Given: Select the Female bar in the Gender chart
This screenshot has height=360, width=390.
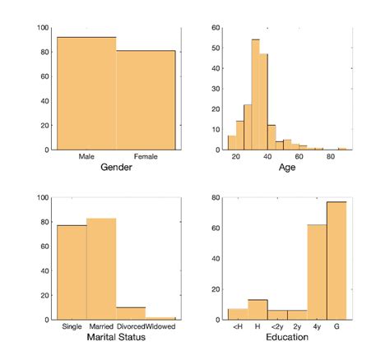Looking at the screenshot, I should coord(146,99).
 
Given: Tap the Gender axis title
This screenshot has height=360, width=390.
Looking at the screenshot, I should coord(115,168).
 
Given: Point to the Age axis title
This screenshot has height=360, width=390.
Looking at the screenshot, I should coord(288,168).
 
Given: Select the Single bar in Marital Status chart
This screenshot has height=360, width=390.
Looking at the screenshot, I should coord(71,272).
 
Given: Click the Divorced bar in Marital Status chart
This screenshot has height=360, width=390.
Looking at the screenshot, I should coord(130,313).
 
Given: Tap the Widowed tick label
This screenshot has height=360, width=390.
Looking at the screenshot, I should coord(160,327).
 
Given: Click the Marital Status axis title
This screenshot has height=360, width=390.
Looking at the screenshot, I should coord(115,338).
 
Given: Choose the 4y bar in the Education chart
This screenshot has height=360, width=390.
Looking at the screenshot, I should coord(317,272).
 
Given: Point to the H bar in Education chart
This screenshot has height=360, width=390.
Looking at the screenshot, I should coord(258,310).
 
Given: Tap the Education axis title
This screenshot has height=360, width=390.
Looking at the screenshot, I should coord(288,338).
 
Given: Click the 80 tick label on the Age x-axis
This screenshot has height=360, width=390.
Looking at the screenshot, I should coord(330,157).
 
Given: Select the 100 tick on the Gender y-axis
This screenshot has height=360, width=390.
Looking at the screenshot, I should coord(41,28).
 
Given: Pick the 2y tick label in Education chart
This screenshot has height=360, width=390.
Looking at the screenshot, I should coord(297,327).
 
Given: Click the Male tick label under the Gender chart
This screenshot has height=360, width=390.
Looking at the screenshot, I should coord(86,157).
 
